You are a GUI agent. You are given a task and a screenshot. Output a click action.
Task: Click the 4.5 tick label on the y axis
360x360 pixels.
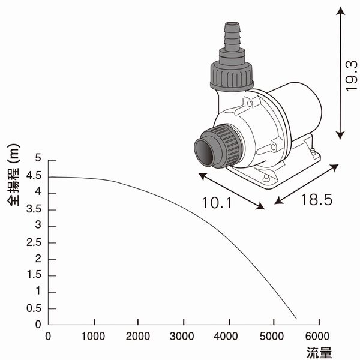tap(34, 176)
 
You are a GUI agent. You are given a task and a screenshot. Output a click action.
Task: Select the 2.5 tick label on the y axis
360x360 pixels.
tap(34, 242)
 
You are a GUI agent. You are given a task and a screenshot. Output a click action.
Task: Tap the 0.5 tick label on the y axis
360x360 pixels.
tap(34, 308)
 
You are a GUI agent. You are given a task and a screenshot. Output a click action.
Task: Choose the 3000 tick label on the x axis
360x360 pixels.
tap(183, 336)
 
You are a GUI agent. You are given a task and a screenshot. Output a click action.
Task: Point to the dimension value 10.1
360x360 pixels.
tap(218, 203)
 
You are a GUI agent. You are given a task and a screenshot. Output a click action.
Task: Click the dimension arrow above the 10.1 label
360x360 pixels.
tap(231, 191)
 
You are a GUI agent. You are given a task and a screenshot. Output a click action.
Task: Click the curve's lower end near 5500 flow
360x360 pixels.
tap(296, 318)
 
